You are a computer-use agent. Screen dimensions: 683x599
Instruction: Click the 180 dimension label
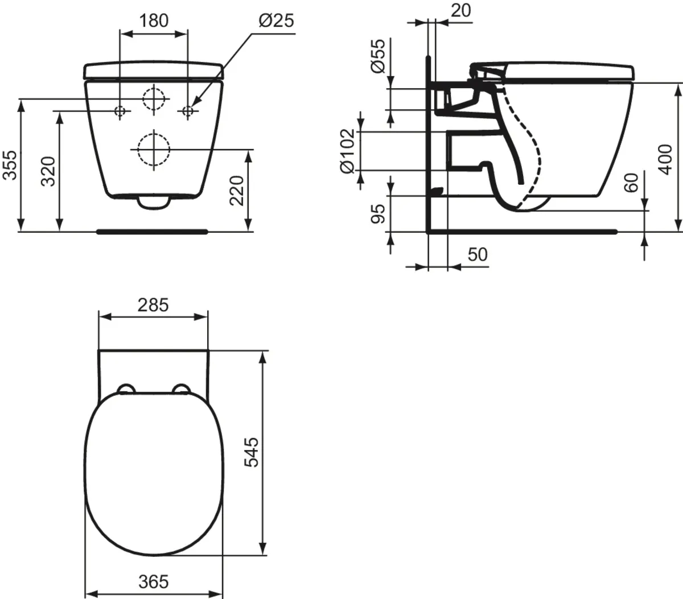pos(154,20)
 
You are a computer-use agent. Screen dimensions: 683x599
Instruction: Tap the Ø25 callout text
pos(277,20)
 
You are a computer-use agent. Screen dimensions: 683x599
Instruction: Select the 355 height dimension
pos(10,165)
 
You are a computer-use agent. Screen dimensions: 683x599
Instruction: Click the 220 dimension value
pos(236,191)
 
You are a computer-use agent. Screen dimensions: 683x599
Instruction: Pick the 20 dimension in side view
pos(460,10)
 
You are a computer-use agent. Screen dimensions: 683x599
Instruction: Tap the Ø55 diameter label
pos(377,56)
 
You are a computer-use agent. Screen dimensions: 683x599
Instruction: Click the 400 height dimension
pos(665,159)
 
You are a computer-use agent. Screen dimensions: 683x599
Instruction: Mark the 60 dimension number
pos(631,183)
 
